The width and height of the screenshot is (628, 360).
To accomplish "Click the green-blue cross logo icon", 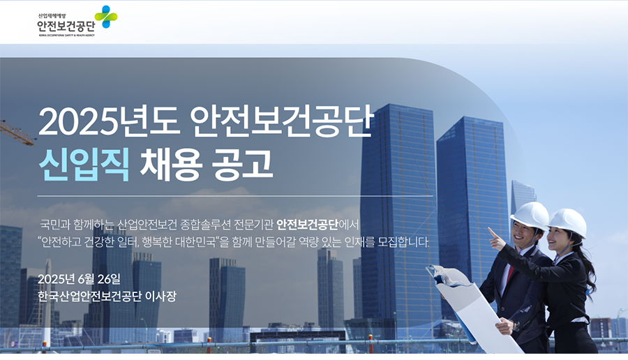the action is point(106,17).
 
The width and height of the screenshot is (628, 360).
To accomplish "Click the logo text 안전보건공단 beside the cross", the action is point(66,26).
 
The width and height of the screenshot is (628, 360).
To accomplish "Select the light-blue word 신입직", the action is point(84,165).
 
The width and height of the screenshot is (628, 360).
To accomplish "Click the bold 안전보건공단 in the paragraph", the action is point(307,225).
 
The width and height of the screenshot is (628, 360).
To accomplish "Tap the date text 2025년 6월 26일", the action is point(79,279).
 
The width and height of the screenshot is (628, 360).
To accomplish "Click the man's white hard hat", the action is point(530,216).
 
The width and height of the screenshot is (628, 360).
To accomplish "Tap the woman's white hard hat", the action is point(568,223).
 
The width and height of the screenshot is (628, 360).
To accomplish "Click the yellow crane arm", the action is point(17,133).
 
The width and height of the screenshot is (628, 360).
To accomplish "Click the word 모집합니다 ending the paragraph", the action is point(403,242).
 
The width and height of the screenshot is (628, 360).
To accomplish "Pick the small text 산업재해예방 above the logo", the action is point(52,16).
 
